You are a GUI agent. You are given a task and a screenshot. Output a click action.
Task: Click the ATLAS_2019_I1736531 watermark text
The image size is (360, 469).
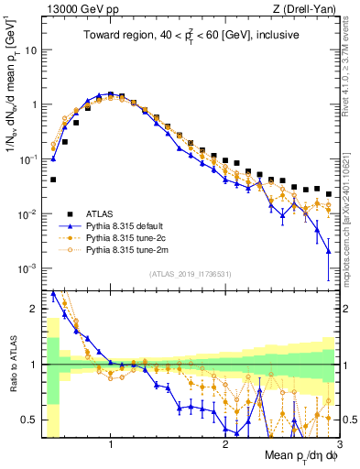click(189, 275)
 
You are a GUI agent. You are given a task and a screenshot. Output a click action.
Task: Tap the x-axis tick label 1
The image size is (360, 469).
click(111, 444)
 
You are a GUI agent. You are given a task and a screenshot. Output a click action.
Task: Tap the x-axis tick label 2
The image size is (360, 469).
click(225, 444)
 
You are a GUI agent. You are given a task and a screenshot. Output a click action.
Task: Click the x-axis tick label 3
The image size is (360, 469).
click(338, 444)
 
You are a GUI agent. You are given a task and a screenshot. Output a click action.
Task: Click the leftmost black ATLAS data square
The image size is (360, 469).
click(53, 180)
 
